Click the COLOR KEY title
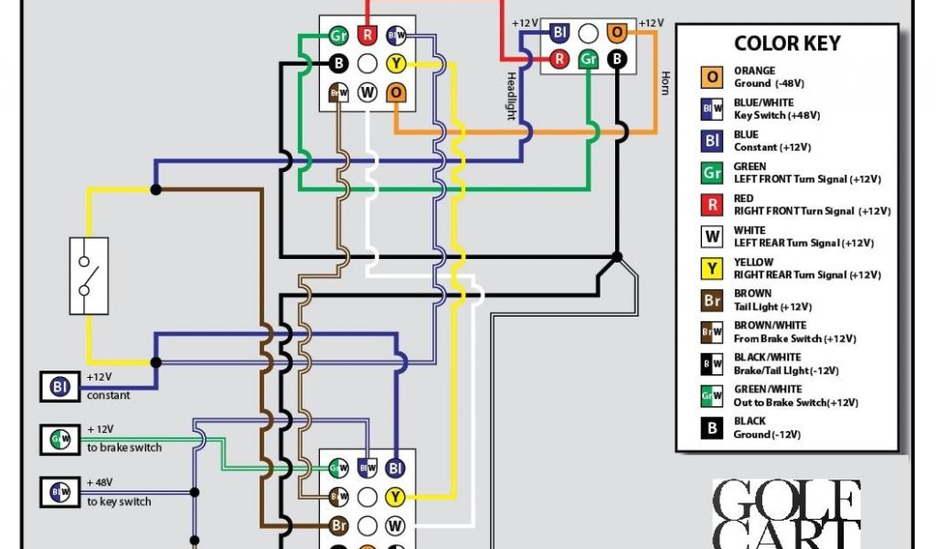(787, 43)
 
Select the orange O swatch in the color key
(711, 77)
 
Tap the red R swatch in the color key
(711, 204)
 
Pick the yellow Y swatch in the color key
(711, 268)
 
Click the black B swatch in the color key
(711, 427)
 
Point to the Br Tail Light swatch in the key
(711, 300)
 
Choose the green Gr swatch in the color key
(711, 173)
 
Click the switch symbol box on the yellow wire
(89, 276)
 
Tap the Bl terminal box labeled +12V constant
(60, 387)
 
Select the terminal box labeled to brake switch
(60, 439)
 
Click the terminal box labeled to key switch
(60, 492)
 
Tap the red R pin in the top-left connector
(367, 36)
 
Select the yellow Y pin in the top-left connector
(396, 64)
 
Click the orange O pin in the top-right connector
(617, 32)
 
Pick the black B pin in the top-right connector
(617, 60)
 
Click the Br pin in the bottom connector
(338, 526)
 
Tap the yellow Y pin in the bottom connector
(395, 497)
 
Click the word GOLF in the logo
(786, 501)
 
